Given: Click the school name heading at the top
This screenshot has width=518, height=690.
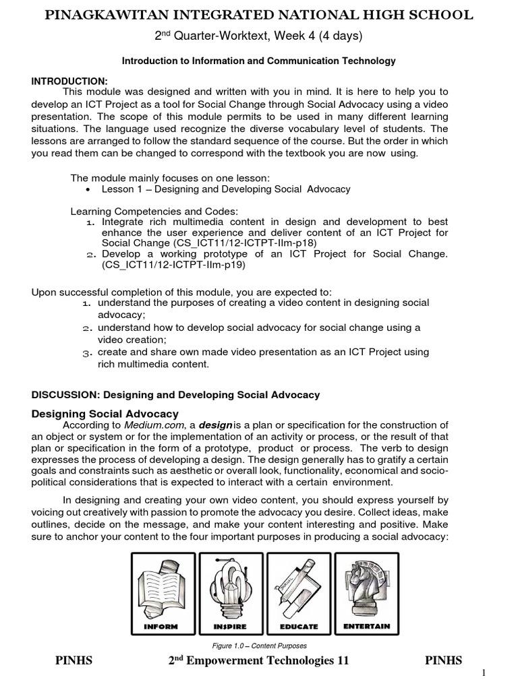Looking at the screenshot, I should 259,15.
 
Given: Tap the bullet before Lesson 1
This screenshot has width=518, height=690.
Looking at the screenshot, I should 90,189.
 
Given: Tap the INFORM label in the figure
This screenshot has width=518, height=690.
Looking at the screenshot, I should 161,627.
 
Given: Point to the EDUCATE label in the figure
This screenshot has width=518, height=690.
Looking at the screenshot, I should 298,627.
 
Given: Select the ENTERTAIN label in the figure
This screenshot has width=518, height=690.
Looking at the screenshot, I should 366,626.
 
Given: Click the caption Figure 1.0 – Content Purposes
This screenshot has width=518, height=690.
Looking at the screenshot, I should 259,646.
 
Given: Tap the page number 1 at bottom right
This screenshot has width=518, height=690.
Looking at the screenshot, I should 502,674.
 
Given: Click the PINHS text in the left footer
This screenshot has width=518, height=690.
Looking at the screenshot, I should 74,661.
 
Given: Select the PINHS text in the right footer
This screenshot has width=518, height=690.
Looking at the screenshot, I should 443,661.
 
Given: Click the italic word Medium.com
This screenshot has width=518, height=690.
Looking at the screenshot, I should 147,425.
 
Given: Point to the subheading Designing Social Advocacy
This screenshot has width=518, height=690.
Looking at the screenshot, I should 105,414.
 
